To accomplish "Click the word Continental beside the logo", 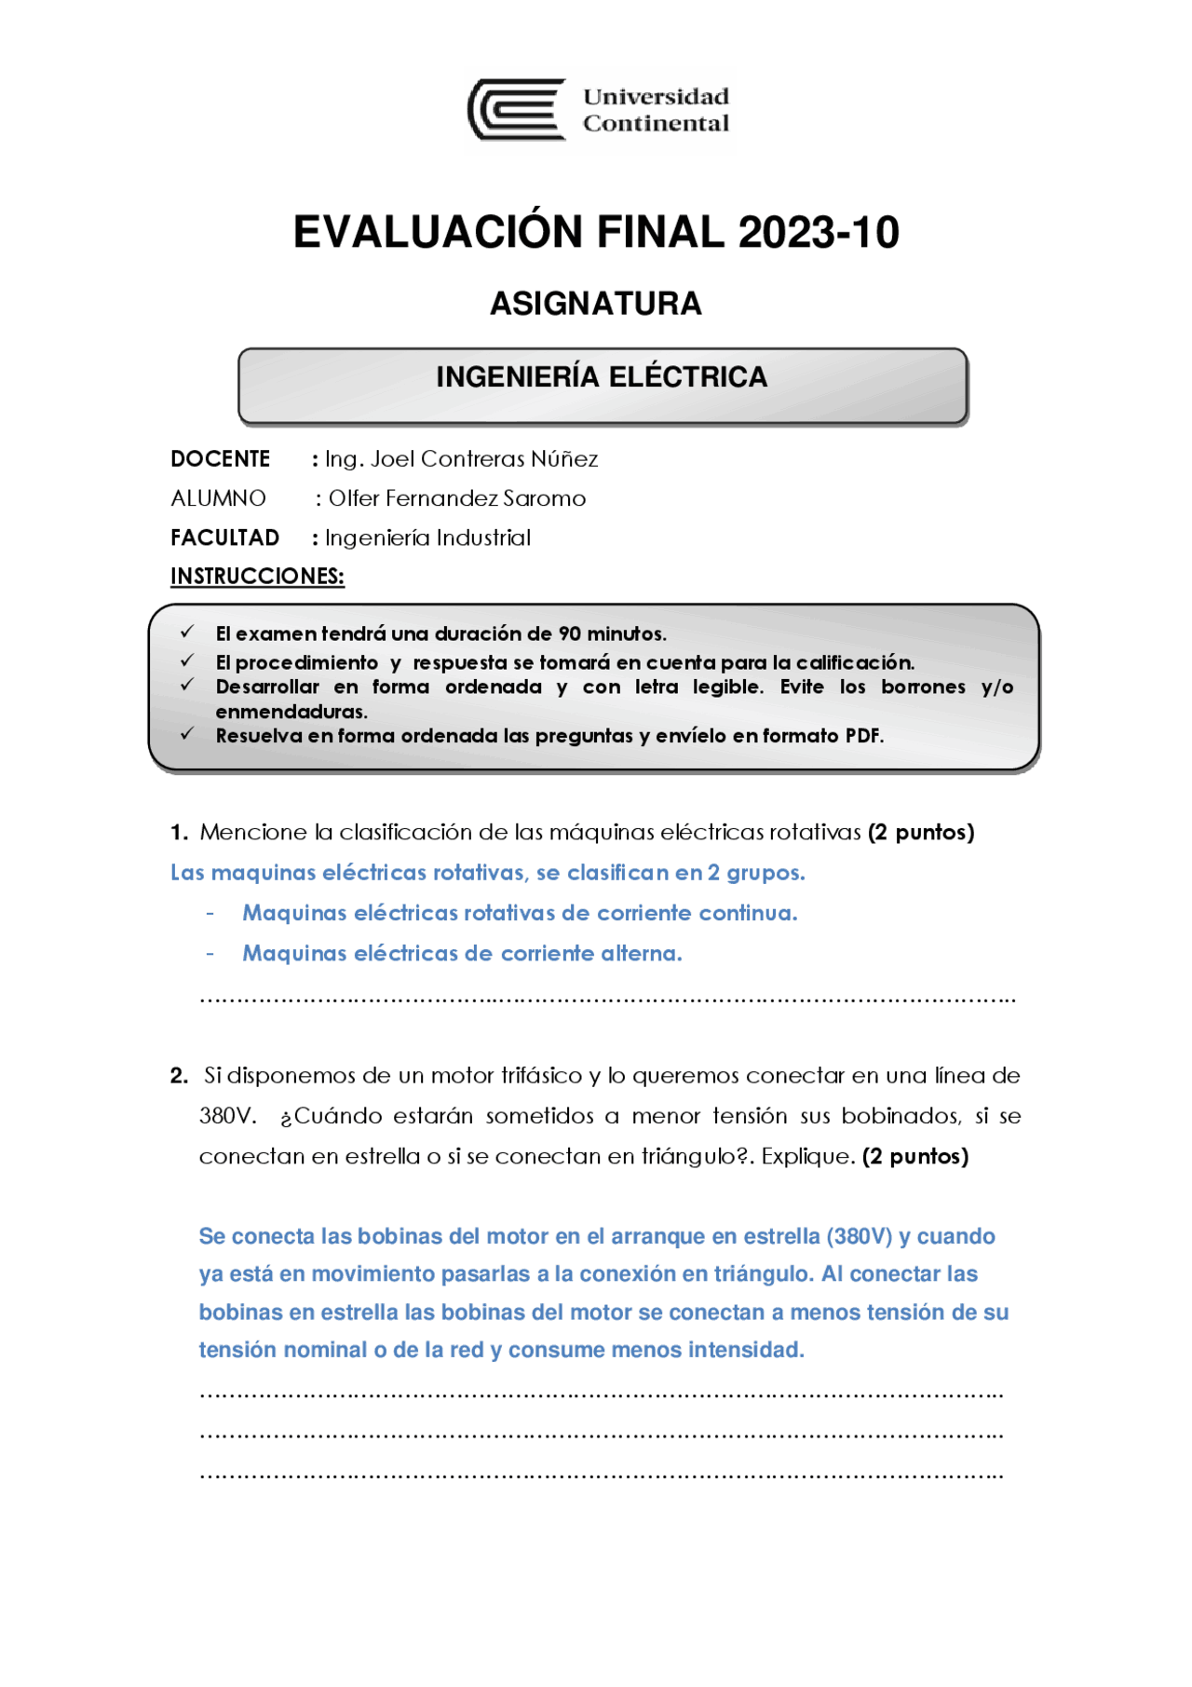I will pos(656,124).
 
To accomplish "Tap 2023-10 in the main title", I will pos(819,233).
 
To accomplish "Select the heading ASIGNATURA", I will pos(596,304).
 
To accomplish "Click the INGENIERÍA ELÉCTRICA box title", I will pos(602,377).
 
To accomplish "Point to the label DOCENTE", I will pos(221,459).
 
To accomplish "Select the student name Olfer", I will pos(354,498).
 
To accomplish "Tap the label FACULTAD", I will pos(224,537).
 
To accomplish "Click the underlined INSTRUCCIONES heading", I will pos(257,577).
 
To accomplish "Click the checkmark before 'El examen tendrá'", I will pos(187,633).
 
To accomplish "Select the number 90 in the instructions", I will pos(570,634).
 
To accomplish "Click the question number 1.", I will pos(179,833).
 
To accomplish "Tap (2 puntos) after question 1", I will pos(920,833).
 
